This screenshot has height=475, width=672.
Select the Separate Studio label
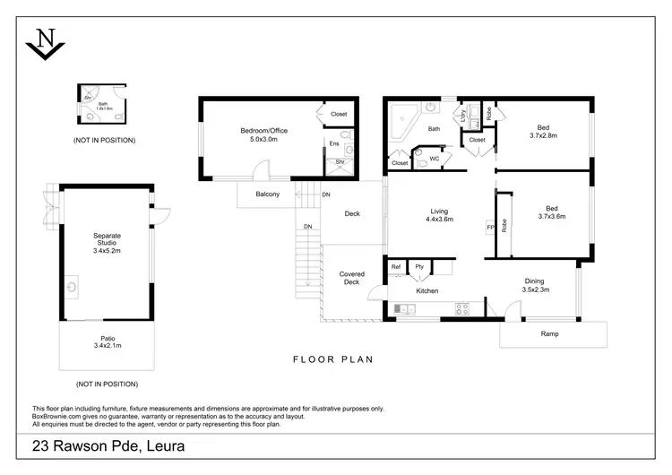point(107,243)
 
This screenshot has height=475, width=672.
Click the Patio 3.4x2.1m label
point(107,341)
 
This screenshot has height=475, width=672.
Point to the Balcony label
point(268,194)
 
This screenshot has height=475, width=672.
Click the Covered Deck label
point(350,278)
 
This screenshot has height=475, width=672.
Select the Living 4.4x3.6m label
point(439,215)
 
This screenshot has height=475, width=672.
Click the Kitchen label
point(427,291)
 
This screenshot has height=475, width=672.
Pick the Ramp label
point(551,334)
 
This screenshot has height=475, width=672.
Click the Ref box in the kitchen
point(396,267)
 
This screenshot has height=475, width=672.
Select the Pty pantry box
point(418,267)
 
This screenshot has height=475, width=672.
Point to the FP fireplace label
point(489,228)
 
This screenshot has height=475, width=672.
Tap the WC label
point(434,159)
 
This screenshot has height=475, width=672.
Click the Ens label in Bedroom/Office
point(333,142)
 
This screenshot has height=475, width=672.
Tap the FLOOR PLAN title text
point(333,359)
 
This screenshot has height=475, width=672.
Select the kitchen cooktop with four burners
point(463,309)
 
